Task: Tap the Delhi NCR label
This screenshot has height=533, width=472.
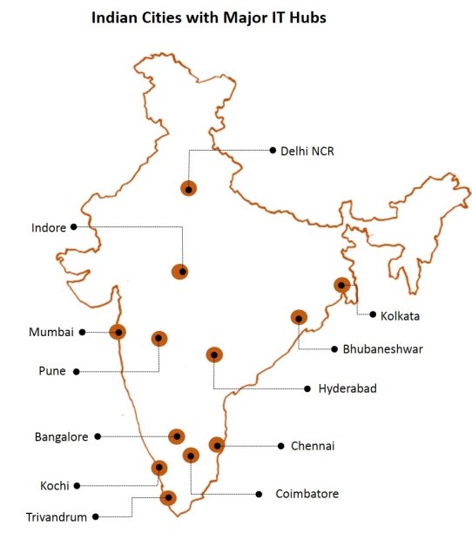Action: click(x=307, y=151)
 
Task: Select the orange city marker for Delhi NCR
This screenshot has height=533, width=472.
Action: click(x=188, y=187)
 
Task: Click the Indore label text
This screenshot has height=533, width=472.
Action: click(x=48, y=227)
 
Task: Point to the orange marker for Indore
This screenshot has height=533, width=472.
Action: click(x=180, y=271)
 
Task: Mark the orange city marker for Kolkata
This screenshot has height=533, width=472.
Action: click(x=342, y=285)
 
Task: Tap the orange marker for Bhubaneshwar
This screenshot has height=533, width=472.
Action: click(x=299, y=319)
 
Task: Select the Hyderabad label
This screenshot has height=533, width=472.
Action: click(x=347, y=388)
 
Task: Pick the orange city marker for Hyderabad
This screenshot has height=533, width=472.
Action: click(x=213, y=354)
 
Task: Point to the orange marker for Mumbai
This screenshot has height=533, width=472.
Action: click(x=117, y=331)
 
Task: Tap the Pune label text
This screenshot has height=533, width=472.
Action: click(x=51, y=371)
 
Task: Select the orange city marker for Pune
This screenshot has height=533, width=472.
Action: click(x=159, y=338)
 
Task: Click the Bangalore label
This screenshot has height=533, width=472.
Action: click(x=61, y=436)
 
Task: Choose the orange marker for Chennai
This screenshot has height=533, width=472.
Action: click(x=217, y=445)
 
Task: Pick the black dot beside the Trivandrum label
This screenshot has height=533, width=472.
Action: click(x=98, y=516)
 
